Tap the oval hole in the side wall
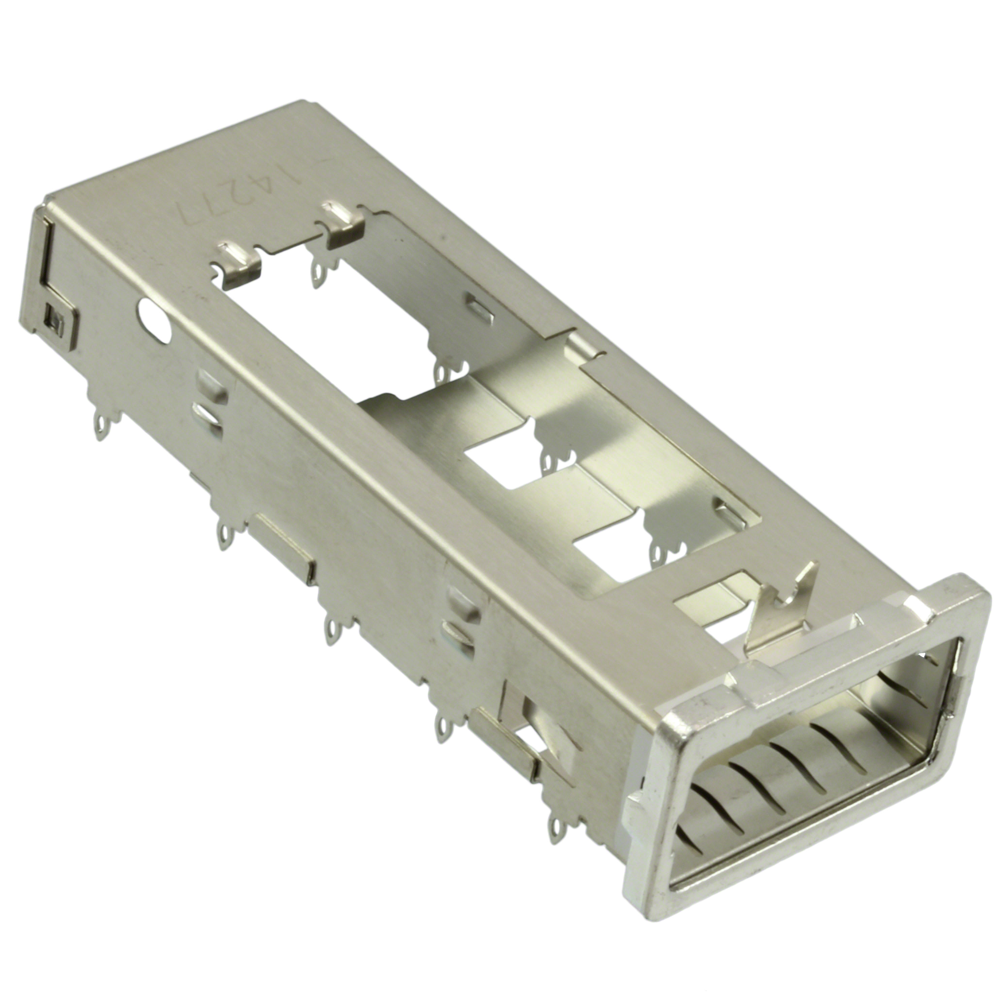click(x=154, y=321)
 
